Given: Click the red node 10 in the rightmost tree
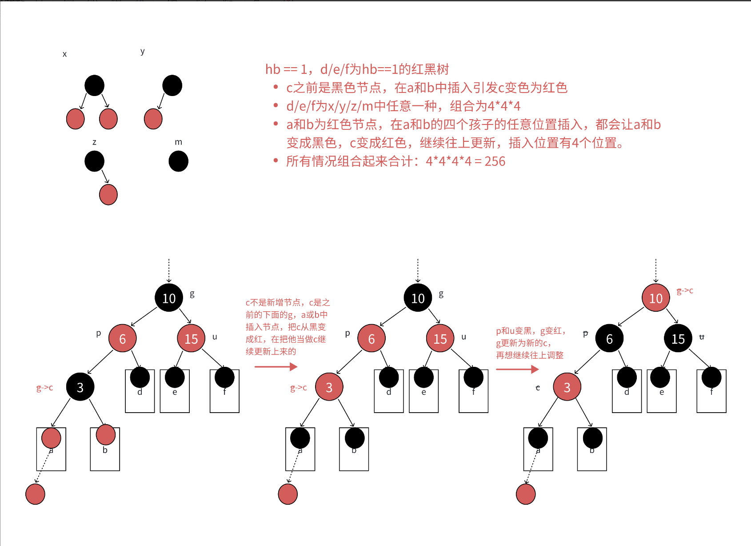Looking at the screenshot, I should click(655, 298).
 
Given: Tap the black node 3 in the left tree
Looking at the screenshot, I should click(80, 387).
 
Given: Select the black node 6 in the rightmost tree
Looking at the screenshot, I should click(609, 339).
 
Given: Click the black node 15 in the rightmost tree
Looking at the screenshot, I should click(678, 339).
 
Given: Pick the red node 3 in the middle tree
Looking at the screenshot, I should click(329, 387).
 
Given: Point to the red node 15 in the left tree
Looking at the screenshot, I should click(191, 339).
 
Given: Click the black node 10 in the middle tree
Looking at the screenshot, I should click(418, 298).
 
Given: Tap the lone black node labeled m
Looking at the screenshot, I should click(179, 161).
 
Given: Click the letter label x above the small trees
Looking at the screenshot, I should click(64, 54).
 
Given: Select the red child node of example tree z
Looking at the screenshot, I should click(108, 195).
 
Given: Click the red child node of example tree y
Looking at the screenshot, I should click(153, 119).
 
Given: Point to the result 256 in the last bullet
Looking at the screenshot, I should click(495, 161).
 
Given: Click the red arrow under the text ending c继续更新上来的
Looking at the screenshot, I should click(276, 366).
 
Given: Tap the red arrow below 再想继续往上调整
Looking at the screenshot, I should click(517, 369).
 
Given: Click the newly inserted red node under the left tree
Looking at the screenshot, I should click(35, 494).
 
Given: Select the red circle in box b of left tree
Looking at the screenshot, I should click(105, 435).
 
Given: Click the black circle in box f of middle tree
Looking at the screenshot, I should click(473, 378).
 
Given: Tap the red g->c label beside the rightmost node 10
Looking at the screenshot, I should click(685, 291).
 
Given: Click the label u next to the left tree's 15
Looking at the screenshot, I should click(215, 337).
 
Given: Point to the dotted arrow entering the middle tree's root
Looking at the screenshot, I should click(418, 270).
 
